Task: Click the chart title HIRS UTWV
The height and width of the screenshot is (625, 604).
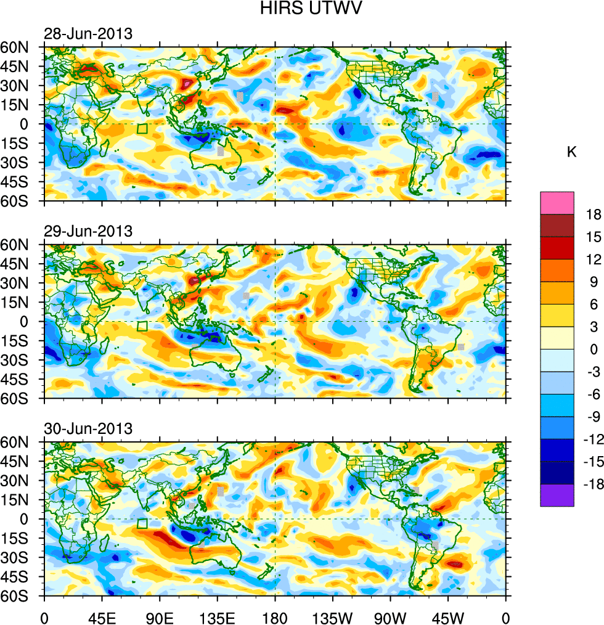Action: coord(301,9)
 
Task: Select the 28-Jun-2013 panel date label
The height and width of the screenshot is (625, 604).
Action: coord(88,34)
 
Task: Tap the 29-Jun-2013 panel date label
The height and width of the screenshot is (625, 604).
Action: coord(88,232)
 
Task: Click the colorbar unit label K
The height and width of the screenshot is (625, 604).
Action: coord(572,152)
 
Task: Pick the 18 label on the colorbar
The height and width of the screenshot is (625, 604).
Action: coord(594,214)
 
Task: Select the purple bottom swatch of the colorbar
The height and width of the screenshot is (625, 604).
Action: coord(557,496)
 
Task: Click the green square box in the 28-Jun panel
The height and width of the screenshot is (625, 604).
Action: coord(142,129)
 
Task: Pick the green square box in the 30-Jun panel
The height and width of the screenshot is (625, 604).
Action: coord(142,524)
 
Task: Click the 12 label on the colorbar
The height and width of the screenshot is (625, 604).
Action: coord(594,259)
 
